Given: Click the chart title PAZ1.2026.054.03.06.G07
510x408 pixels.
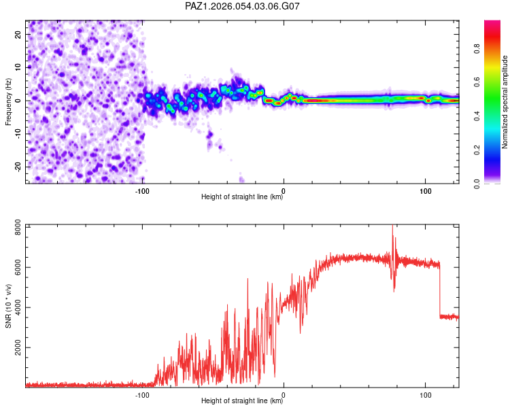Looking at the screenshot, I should tap(243, 6).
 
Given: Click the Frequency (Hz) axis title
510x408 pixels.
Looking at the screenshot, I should tap(8, 102).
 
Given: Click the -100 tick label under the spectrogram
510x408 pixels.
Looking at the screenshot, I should tap(141, 190).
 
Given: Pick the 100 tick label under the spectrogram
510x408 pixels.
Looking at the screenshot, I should tap(425, 190).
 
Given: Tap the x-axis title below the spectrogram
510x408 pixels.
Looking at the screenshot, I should tap(242, 198).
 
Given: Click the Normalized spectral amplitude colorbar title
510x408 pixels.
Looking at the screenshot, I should tap(505, 102).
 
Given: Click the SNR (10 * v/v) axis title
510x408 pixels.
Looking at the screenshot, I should tap(8, 307).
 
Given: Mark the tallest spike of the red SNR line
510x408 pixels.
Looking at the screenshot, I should tap(392, 227).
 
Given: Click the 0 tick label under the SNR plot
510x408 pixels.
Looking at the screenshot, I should tap(284, 394).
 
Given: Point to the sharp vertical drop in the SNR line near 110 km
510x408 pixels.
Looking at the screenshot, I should tap(440, 292).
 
